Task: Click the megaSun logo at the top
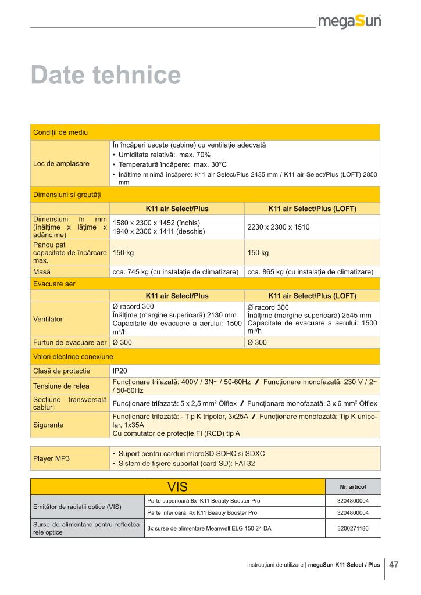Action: click(x=349, y=21)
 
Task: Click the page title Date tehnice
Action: click(x=105, y=76)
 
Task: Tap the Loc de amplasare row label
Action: click(x=61, y=163)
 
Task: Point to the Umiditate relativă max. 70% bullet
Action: click(x=165, y=155)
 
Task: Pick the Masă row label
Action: click(x=41, y=271)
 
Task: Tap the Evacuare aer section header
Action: click(x=54, y=284)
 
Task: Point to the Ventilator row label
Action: click(x=48, y=319)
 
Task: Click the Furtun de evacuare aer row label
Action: click(x=70, y=342)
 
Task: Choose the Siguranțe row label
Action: click(x=49, y=425)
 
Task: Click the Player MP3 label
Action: click(x=51, y=458)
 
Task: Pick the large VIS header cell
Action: click(x=177, y=486)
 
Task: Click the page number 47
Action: click(x=394, y=564)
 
